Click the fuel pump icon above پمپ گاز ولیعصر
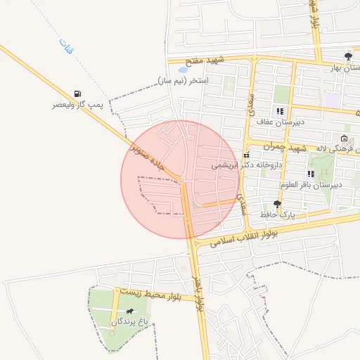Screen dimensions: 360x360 [77, 94]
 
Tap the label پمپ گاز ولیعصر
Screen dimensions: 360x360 [77, 105]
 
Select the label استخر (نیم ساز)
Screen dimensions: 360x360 [184, 81]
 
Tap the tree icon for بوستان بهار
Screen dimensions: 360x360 [348, 56]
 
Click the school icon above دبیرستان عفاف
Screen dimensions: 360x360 [280, 111]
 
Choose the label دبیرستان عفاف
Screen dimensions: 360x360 [278, 122]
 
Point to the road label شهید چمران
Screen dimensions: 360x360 [286, 146]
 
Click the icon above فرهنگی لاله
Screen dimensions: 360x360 [344, 139]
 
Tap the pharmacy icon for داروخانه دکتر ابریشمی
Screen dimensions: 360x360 [246, 155]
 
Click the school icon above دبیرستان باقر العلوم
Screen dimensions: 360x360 [311, 174]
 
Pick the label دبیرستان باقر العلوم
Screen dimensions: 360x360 [311, 184]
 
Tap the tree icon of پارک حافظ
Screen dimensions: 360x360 [277, 204]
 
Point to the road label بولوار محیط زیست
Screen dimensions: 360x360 [150, 294]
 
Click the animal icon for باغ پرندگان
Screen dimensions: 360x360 [129, 311]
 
